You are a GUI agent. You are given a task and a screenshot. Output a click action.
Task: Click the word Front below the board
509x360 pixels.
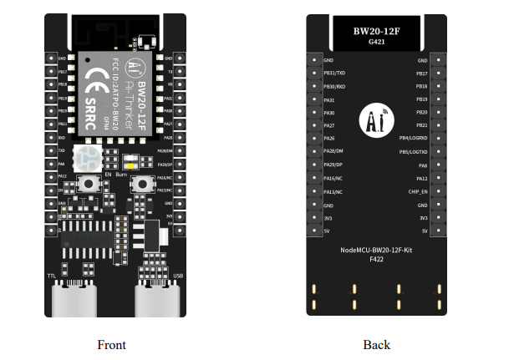pos(111,344)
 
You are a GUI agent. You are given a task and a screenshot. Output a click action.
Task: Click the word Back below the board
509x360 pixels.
pos(376,344)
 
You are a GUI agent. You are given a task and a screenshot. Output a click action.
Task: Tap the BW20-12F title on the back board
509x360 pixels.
pos(375,31)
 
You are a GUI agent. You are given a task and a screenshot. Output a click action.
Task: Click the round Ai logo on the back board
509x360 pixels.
pos(375,120)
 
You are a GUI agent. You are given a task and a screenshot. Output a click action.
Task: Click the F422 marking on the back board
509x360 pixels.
pos(376,260)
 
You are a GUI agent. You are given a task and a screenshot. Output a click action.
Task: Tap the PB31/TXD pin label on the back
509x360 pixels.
pos(334,74)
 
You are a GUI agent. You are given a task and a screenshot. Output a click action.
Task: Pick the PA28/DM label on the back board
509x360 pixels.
pos(333,151)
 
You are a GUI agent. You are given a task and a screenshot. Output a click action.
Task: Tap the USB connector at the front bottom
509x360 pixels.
pos(157,298)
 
